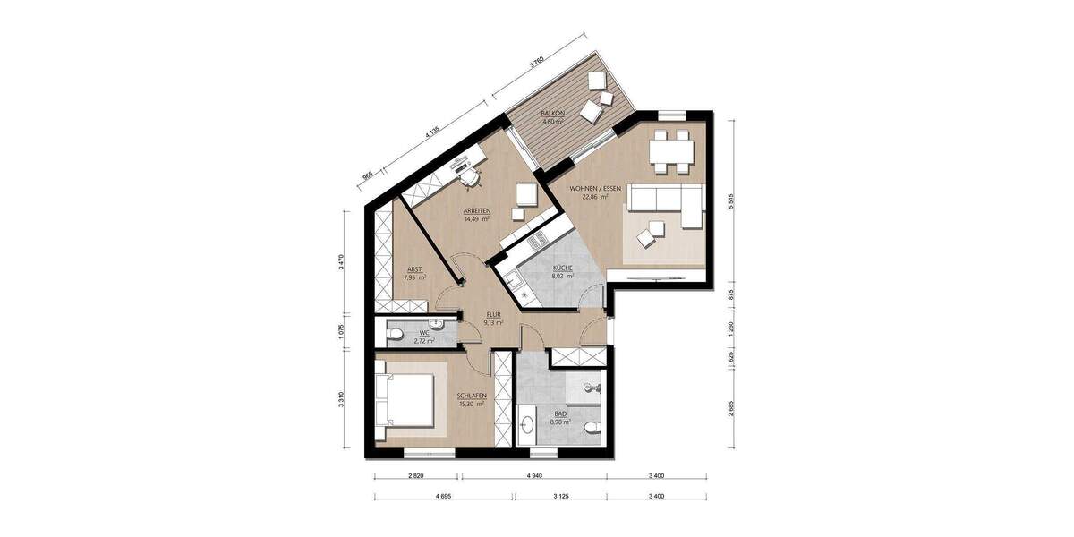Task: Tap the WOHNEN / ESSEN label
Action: pos(582,189)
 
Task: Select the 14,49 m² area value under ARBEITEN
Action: pos(476,219)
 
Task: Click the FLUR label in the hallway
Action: pos(492,315)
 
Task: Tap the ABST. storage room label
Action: pos(414,269)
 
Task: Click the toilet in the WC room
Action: pos(396,335)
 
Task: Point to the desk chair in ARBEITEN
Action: pos(472,179)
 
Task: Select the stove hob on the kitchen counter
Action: pos(538,240)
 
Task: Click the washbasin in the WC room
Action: pos(436,323)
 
